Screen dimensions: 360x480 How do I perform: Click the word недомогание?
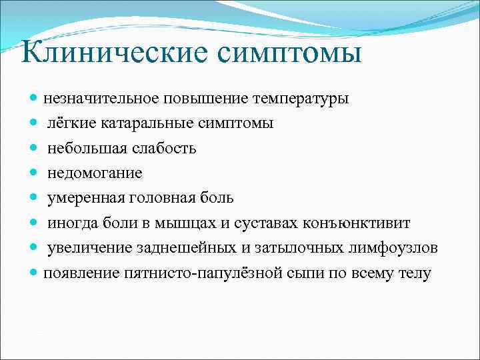[94, 173]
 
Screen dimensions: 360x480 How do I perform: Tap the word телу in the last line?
[415, 273]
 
